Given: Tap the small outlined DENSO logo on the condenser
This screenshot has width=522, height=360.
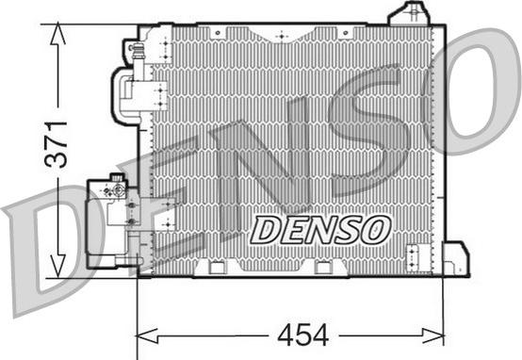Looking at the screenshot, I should click(x=321, y=226).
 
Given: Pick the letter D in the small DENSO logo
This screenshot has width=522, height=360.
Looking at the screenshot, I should click(x=268, y=227).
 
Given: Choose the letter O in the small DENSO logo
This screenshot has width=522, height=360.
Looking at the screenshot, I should click(x=376, y=226).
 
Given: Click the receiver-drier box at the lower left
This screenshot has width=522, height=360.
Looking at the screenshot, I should click(x=108, y=221).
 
